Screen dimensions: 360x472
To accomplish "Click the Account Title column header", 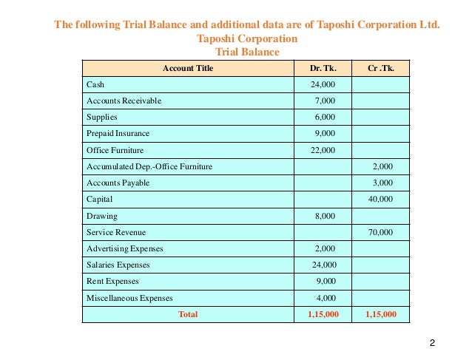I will point(188,68).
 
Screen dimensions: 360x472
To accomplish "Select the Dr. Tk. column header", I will point(323,68).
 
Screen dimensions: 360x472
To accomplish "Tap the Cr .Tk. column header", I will point(381,68).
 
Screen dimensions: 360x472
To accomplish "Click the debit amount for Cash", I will point(323,84).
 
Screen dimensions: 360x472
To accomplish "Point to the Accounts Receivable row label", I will point(124,101).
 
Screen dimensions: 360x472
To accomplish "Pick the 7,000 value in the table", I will point(325,101).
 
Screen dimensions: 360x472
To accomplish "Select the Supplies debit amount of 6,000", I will point(325,118).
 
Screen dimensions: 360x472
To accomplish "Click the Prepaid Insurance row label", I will point(118,134).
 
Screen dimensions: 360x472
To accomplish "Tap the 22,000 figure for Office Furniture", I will point(323,150).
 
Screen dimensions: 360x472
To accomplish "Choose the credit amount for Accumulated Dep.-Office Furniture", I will point(382,167).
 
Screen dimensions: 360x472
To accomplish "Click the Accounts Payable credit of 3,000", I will point(382,183).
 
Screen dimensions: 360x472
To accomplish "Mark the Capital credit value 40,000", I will point(380,200).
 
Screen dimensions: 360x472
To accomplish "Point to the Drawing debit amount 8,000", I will point(325,217).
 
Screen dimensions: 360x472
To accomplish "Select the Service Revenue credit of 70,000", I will point(380,233).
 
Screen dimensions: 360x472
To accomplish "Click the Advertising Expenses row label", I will point(124,249).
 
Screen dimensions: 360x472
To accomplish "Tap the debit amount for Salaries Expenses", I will point(323,265).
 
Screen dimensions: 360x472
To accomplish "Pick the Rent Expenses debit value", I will point(325,282).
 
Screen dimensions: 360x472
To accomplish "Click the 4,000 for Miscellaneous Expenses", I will point(325,298).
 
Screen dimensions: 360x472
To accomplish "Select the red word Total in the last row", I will point(188,314).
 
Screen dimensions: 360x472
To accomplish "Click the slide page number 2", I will point(432,343).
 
